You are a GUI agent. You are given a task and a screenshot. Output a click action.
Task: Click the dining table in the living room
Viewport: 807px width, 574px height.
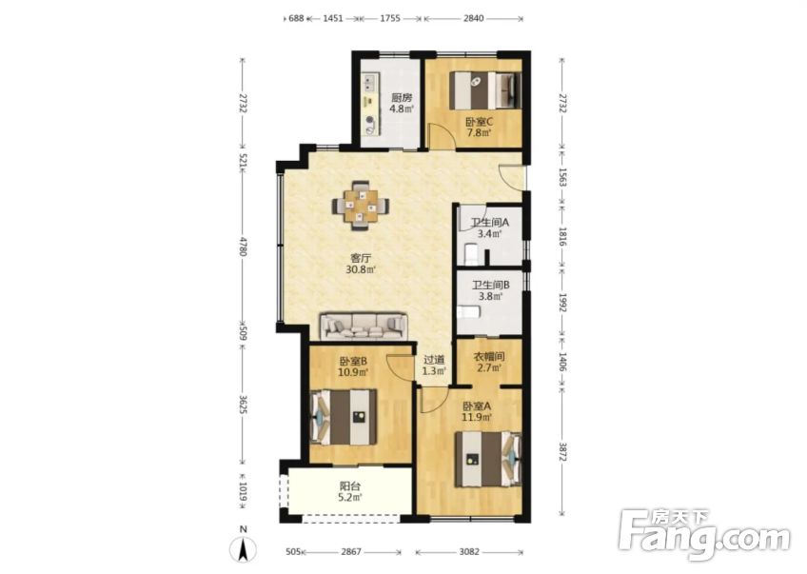pos(361,206)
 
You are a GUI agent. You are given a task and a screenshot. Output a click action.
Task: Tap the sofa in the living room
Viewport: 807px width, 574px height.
pos(364,326)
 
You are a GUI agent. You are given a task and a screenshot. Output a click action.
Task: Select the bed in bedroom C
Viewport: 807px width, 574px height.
pos(485,90)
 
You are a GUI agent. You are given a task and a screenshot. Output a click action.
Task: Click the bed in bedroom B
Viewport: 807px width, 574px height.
pos(344,417)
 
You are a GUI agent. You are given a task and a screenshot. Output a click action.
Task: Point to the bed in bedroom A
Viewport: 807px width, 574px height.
pos(488,459)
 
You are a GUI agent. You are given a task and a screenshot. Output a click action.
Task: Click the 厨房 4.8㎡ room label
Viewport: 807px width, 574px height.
pos(402,103)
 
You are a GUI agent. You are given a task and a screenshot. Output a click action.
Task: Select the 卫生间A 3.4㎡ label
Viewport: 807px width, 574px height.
pos(490,228)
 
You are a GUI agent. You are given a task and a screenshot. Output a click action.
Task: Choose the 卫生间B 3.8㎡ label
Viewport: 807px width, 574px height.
pos(490,290)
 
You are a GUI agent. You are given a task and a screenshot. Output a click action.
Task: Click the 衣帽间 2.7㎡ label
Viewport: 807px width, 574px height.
pos(488,362)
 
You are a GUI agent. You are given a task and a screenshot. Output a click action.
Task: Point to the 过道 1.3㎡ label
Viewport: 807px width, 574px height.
pos(433,365)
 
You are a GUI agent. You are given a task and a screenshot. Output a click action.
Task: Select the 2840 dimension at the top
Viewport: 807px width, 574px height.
pos(473,18)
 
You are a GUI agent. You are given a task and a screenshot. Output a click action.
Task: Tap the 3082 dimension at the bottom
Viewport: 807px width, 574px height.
pos(469,552)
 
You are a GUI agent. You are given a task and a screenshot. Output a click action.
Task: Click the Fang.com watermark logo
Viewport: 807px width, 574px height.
pos(704,534)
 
